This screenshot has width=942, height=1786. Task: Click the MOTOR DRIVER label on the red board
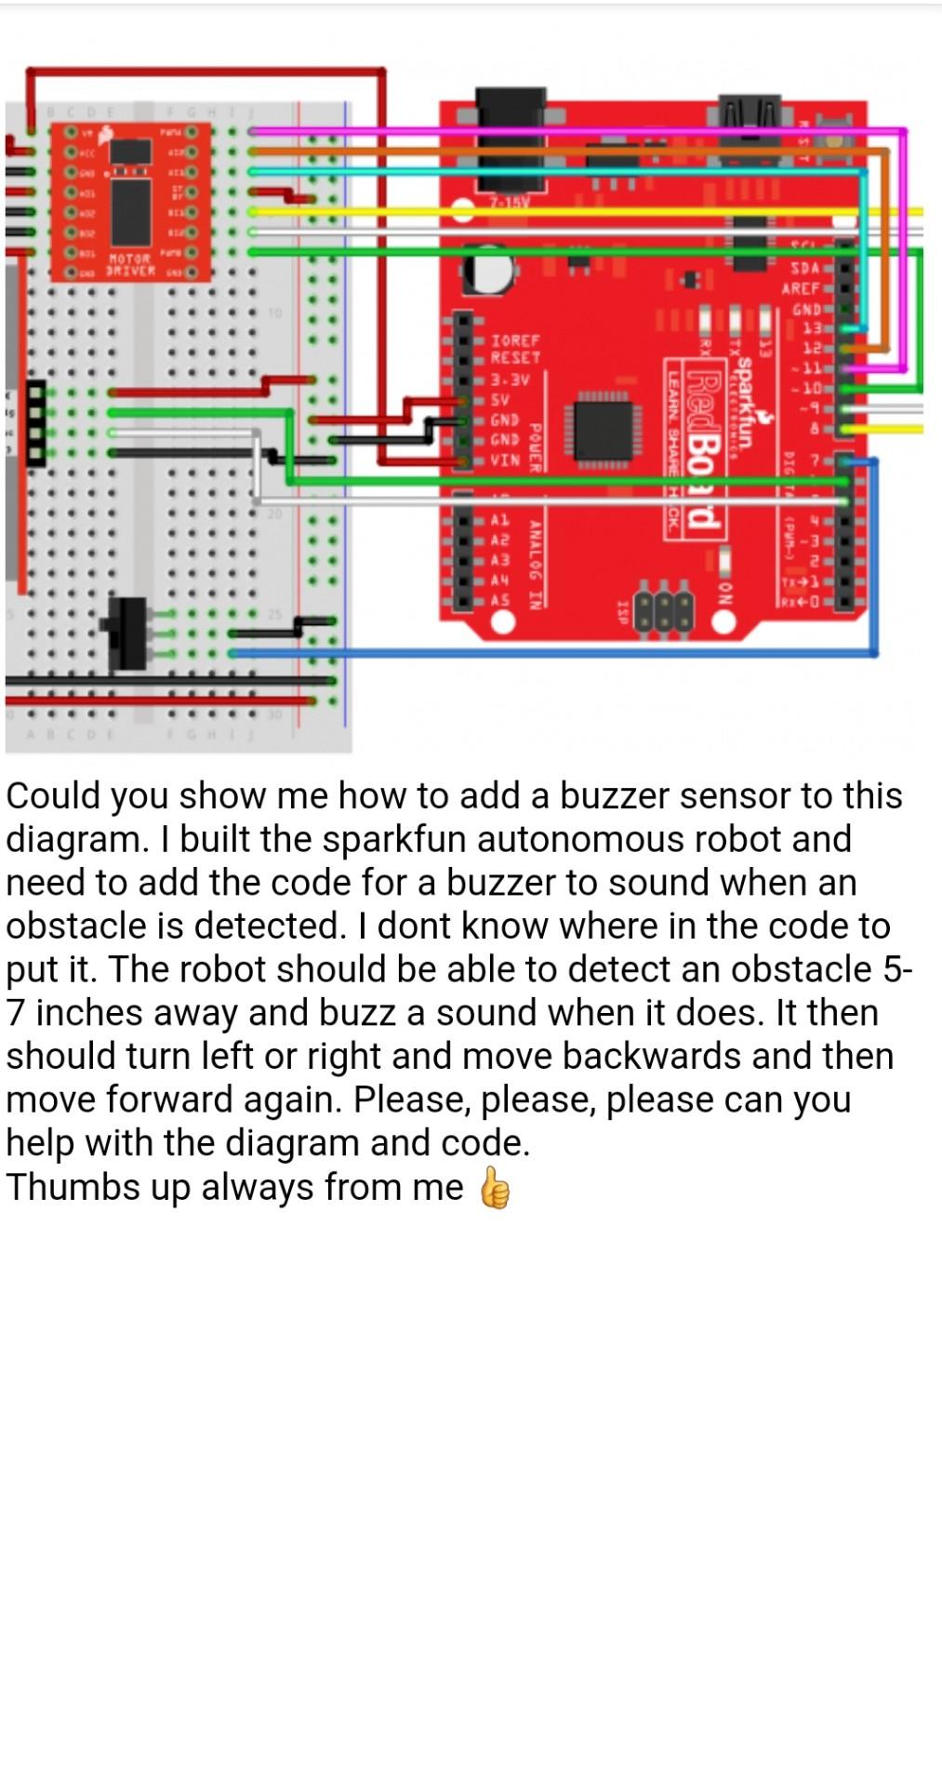[129, 264]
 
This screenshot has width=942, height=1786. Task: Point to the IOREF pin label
[514, 340]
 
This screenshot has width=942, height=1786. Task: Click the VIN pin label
[505, 460]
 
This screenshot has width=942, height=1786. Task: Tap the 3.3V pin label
[510, 380]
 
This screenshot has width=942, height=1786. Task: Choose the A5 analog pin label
[499, 600]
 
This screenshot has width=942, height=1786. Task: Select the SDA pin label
[804, 268]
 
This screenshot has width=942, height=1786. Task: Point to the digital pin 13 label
[812, 327]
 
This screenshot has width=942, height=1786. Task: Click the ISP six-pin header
[664, 609]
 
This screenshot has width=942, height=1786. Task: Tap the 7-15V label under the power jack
[509, 202]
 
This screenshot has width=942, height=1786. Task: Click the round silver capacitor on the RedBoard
[490, 269]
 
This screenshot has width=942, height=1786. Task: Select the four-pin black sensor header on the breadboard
[35, 423]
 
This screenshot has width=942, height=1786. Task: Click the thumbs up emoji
[495, 1188]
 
